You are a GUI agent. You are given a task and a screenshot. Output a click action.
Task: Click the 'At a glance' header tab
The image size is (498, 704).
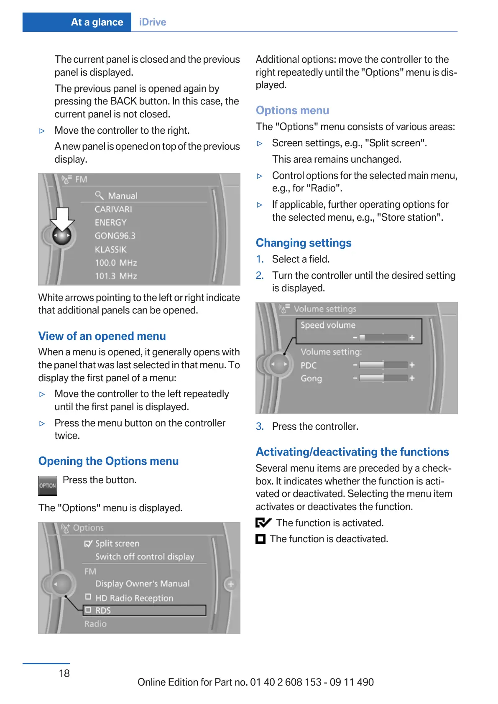coord(97,22)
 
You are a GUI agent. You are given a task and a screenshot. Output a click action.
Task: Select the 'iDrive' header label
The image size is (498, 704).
coord(152,22)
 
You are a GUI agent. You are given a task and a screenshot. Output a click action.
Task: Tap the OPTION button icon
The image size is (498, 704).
coord(47,485)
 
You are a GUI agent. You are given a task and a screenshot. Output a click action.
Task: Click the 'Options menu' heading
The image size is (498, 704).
coord(292,110)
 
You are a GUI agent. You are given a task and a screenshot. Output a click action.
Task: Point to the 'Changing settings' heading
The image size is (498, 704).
coord(304,243)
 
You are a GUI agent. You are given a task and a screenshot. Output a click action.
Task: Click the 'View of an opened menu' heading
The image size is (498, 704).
coord(102,336)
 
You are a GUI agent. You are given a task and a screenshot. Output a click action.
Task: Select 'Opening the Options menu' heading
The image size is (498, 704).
coord(108,461)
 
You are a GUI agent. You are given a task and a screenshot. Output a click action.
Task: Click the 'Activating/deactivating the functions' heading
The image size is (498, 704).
coord(352,452)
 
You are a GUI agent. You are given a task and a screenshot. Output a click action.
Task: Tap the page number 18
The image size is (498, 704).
coord(64,673)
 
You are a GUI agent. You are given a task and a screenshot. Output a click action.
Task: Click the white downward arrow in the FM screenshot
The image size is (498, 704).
coord(62,219)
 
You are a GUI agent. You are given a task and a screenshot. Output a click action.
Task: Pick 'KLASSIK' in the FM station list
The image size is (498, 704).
coord(110,250)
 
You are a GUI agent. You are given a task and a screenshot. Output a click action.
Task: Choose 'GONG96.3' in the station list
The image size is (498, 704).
coord(115,236)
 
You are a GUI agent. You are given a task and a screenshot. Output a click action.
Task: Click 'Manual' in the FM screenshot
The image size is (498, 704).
coord(123,196)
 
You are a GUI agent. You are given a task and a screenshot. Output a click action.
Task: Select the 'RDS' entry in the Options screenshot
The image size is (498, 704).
coord(103,610)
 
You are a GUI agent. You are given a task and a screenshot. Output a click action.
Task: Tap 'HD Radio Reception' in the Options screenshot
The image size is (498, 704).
coord(134,598)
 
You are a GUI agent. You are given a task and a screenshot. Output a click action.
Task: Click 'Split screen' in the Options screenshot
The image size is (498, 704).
coord(117,543)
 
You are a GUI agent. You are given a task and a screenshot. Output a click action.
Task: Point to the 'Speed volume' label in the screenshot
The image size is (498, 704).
coord(328,325)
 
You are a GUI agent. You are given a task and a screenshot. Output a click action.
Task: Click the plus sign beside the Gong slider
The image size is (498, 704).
coord(412,378)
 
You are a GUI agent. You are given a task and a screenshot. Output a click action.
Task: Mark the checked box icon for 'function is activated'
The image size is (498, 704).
coord(263,523)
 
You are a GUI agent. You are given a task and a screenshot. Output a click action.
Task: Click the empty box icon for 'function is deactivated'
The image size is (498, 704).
coord(260,539)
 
